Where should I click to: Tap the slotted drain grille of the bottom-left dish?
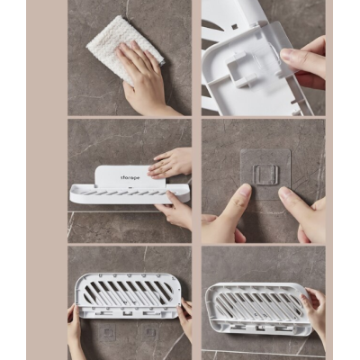click(x=128, y=294)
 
